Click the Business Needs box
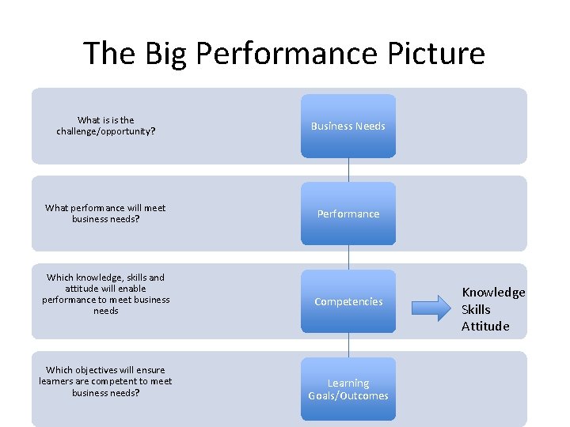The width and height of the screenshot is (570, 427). tap(348, 126)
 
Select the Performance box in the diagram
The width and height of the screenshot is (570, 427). tap(348, 213)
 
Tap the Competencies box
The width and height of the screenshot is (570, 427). tap(348, 301)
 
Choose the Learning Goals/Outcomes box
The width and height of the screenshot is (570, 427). tap(348, 389)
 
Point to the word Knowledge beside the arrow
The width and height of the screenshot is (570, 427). tap(493, 293)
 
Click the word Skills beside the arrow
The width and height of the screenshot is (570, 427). tap(476, 309)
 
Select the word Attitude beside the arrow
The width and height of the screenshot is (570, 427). tap(485, 326)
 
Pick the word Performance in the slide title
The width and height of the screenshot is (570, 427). tap(287, 54)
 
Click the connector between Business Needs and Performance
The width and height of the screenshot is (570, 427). tap(348, 170)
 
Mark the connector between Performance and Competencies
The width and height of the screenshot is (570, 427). tap(348, 258)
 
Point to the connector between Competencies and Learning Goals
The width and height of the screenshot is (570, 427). tap(348, 346)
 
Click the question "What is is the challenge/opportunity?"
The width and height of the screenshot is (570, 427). tap(105, 126)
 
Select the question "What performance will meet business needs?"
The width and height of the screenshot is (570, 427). tap(105, 213)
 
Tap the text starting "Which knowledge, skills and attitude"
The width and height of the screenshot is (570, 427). tap(105, 294)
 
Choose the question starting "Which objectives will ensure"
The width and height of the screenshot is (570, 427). tap(105, 381)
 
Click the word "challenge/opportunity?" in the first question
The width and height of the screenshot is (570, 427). tap(105, 131)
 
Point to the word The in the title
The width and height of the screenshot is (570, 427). tap(103, 54)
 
